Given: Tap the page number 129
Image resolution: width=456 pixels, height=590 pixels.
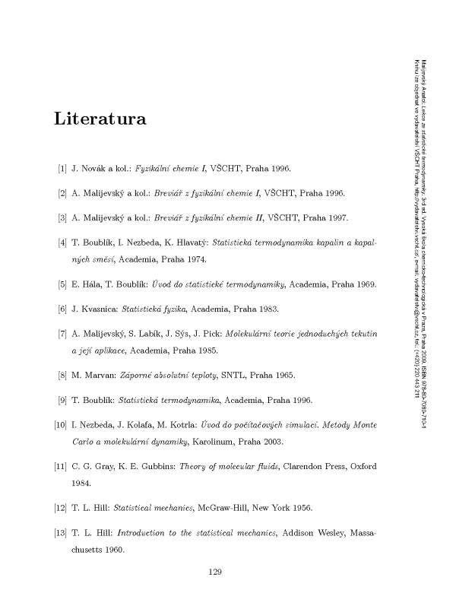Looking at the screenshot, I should (x=214, y=571).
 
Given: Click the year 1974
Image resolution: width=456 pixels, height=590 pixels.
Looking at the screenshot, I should (x=195, y=260).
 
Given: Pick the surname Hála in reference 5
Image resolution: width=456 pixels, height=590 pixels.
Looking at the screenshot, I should (x=97, y=284).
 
